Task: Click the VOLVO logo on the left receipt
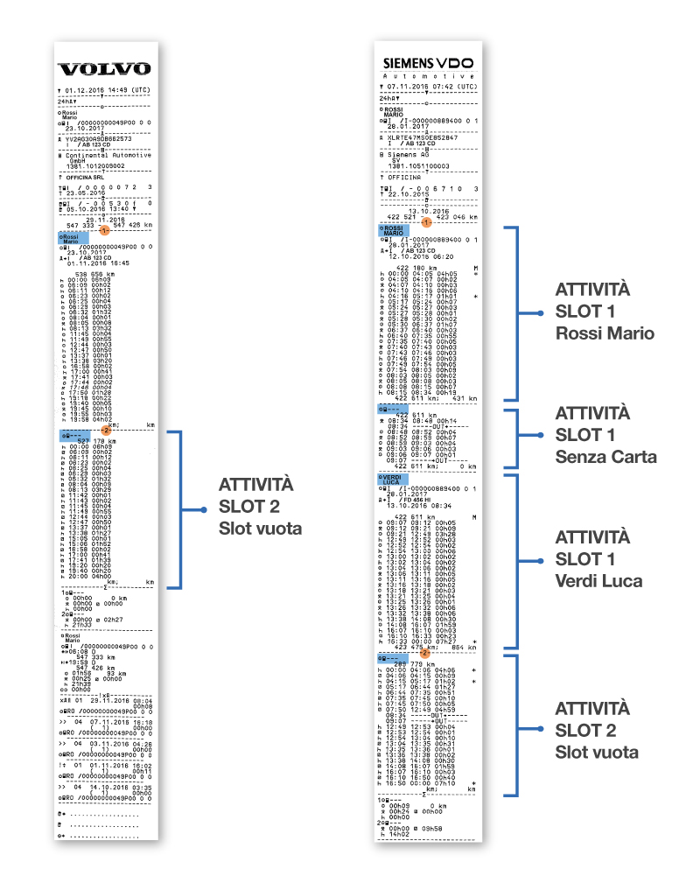[x=104, y=69]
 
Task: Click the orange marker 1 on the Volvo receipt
[x=104, y=230]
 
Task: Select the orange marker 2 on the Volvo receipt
[x=105, y=430]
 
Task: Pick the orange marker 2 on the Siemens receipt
[x=425, y=651]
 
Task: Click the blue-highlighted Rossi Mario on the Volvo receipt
[x=69, y=239]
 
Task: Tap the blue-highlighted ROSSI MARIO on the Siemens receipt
[x=392, y=231]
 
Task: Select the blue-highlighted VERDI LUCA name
[x=390, y=479]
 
